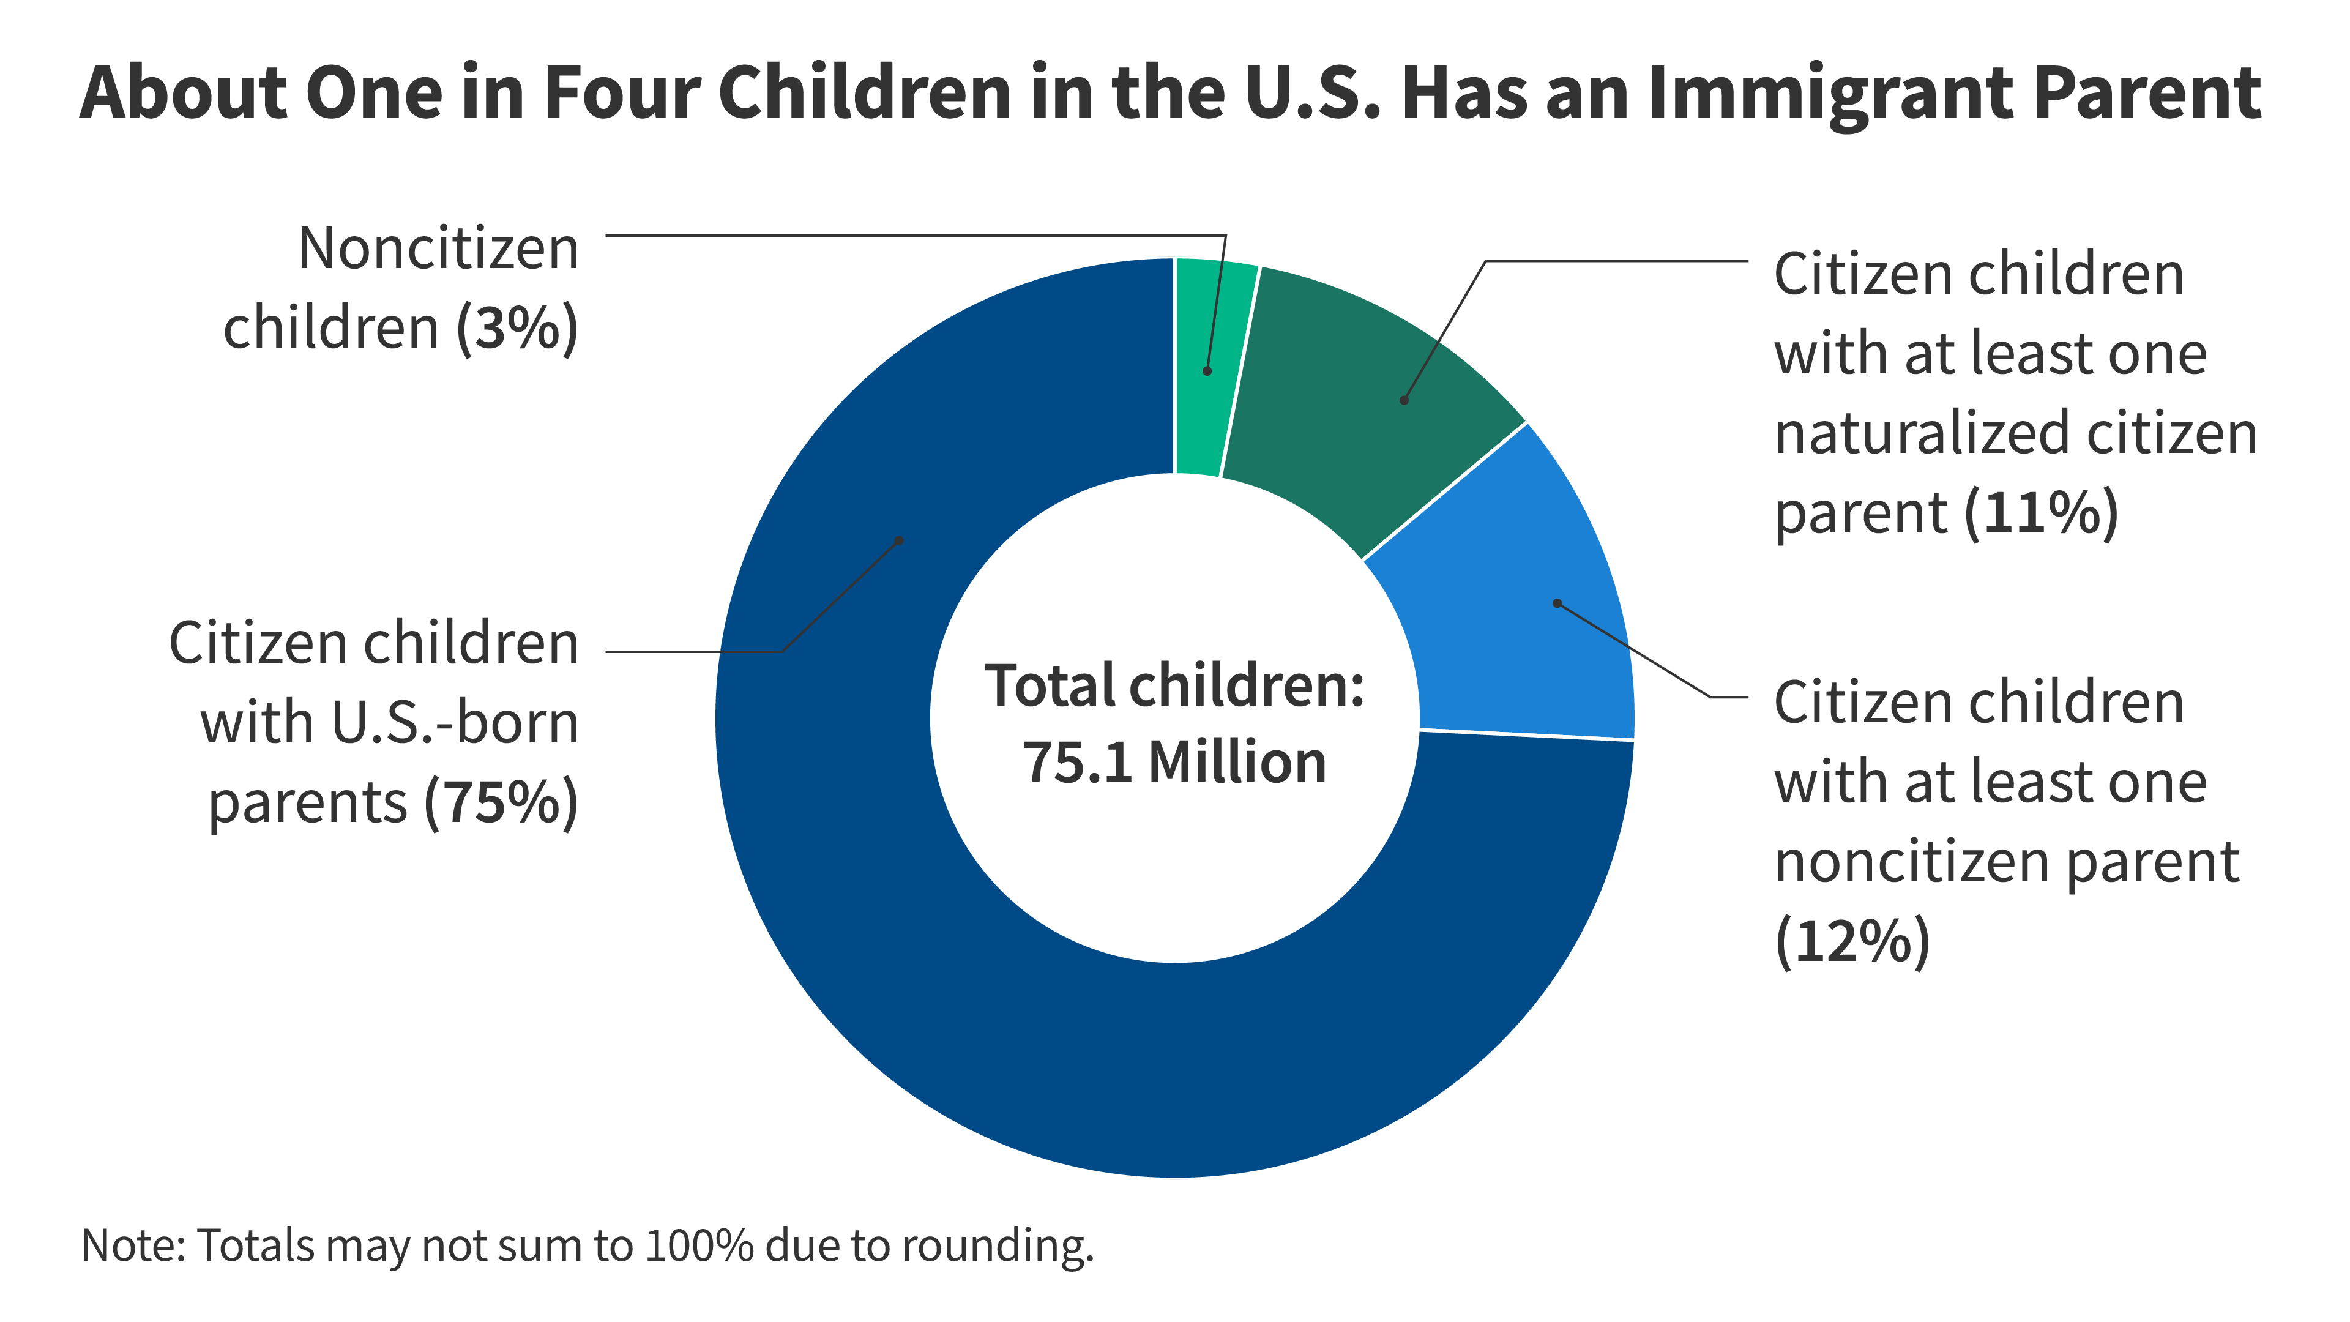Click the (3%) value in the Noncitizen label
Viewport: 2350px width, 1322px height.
(517, 329)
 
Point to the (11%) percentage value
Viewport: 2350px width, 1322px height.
(2041, 513)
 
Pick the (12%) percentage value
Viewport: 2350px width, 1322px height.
(1852, 941)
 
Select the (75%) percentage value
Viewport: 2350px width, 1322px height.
(501, 803)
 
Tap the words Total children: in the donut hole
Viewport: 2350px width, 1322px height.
(1174, 686)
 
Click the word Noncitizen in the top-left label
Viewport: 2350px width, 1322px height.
(439, 249)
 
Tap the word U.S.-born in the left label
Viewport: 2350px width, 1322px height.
(455, 723)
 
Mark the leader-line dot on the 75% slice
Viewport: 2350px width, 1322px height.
(898, 540)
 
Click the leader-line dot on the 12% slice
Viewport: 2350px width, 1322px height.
(1557, 603)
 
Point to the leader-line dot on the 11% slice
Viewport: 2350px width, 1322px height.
(1404, 400)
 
